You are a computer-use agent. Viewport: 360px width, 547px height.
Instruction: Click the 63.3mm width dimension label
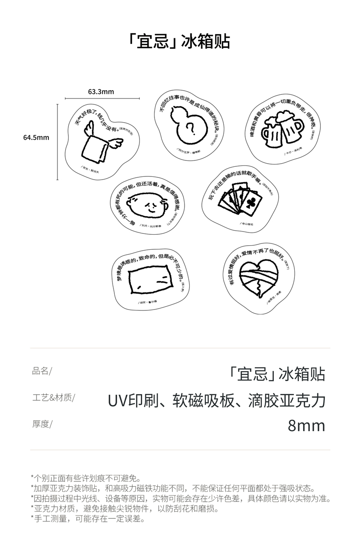(x=101, y=92)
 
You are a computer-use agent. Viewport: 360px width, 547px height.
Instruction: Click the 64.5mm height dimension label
(x=36, y=137)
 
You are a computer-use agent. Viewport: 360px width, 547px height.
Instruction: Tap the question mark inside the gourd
(x=192, y=131)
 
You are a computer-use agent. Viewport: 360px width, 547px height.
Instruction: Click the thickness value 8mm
(x=306, y=426)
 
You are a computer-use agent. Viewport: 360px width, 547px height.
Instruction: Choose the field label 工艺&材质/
(x=54, y=397)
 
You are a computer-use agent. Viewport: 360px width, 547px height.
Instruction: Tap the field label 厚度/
(x=42, y=424)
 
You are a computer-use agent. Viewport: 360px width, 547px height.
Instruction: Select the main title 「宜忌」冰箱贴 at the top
(x=180, y=41)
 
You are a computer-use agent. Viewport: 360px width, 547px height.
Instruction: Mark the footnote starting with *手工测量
(x=87, y=518)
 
